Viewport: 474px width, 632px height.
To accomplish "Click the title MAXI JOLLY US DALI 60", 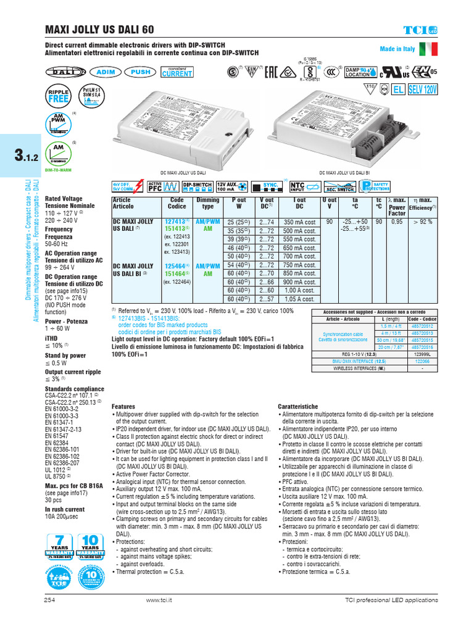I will pos(101,30).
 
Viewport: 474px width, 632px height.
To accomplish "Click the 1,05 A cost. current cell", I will pos(300,299).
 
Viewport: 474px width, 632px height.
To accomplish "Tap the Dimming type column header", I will pos(207,203).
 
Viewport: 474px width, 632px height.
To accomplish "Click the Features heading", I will pos(123,407).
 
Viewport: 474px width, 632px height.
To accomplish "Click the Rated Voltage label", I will pos(64,199).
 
